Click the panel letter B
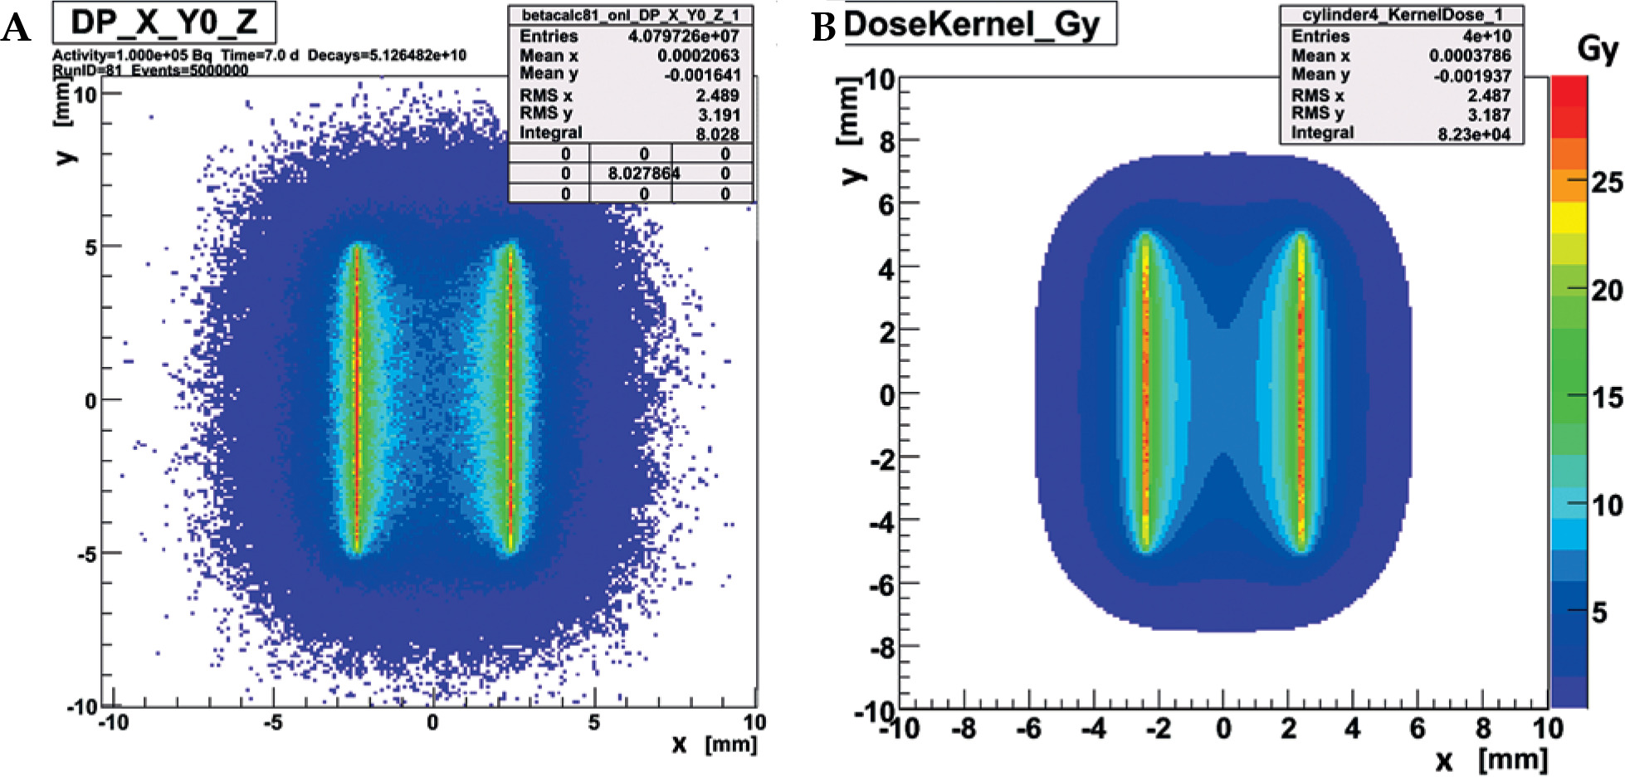[x=823, y=27]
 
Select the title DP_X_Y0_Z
[x=163, y=22]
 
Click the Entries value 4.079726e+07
[x=683, y=36]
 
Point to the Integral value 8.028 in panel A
[x=717, y=134]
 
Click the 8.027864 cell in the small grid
[x=643, y=173]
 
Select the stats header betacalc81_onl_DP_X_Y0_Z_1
[x=630, y=15]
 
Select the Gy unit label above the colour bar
[x=1597, y=49]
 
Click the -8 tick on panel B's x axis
[x=963, y=730]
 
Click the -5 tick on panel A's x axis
[x=273, y=722]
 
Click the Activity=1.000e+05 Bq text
[x=132, y=55]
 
